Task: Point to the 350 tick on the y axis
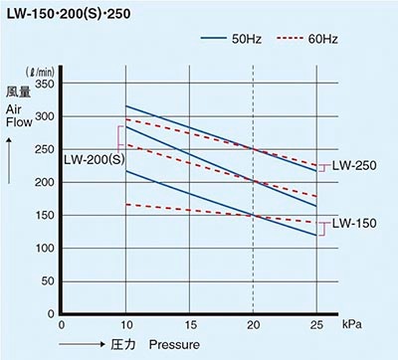(44, 85)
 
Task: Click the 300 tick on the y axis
(44, 117)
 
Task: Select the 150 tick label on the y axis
(44, 216)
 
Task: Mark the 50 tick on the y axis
(47, 281)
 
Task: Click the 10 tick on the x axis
(125, 325)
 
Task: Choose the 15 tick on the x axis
(189, 325)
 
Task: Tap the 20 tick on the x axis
(253, 325)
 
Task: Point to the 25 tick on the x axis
(316, 325)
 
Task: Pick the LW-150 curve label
(354, 223)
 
